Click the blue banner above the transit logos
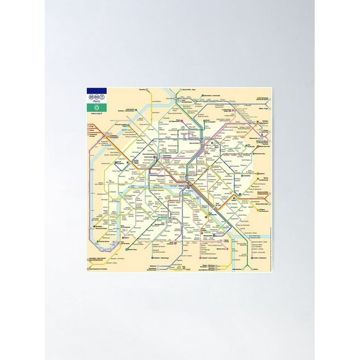(x=97, y=90)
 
